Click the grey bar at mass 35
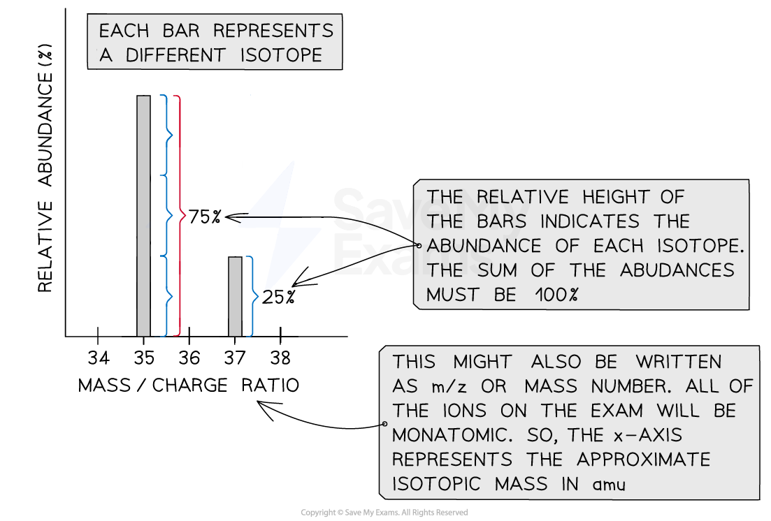tap(143, 216)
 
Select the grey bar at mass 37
tap(236, 297)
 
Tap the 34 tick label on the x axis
tap(99, 358)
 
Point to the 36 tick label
tap(189, 358)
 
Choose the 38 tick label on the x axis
tap(280, 358)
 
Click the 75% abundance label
tap(204, 217)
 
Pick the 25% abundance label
tap(278, 297)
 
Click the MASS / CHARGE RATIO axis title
tap(188, 386)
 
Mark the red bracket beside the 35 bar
tap(179, 216)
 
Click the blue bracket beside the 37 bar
tap(250, 297)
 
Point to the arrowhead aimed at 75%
tap(229, 217)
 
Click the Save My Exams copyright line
tap(384, 513)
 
